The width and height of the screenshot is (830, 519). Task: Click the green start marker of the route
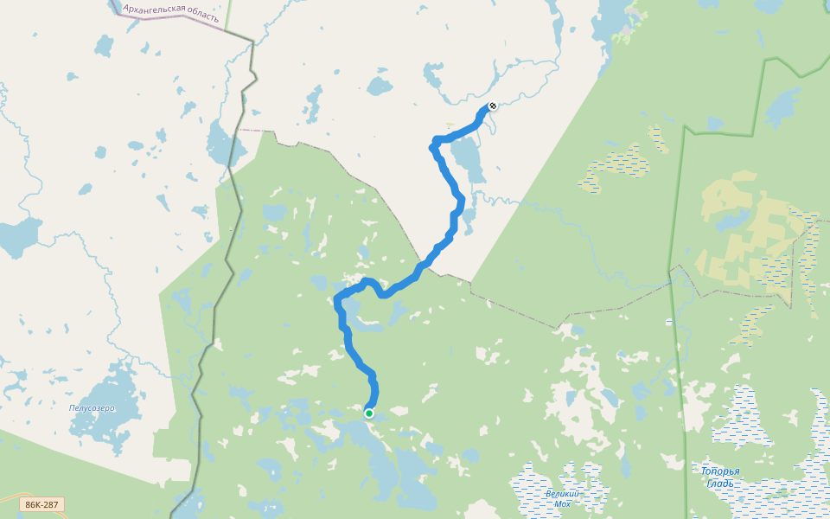coord(369,413)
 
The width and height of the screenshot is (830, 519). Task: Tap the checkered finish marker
coord(492,106)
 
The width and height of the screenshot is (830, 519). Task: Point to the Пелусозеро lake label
coord(92,407)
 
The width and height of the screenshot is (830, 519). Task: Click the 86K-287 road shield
coord(41,504)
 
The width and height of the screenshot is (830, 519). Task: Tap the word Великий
coord(562,493)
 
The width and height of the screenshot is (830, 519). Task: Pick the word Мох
coord(563,503)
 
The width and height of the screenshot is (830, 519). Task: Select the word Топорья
coord(719,471)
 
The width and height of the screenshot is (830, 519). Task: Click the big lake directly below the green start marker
coord(380,458)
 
